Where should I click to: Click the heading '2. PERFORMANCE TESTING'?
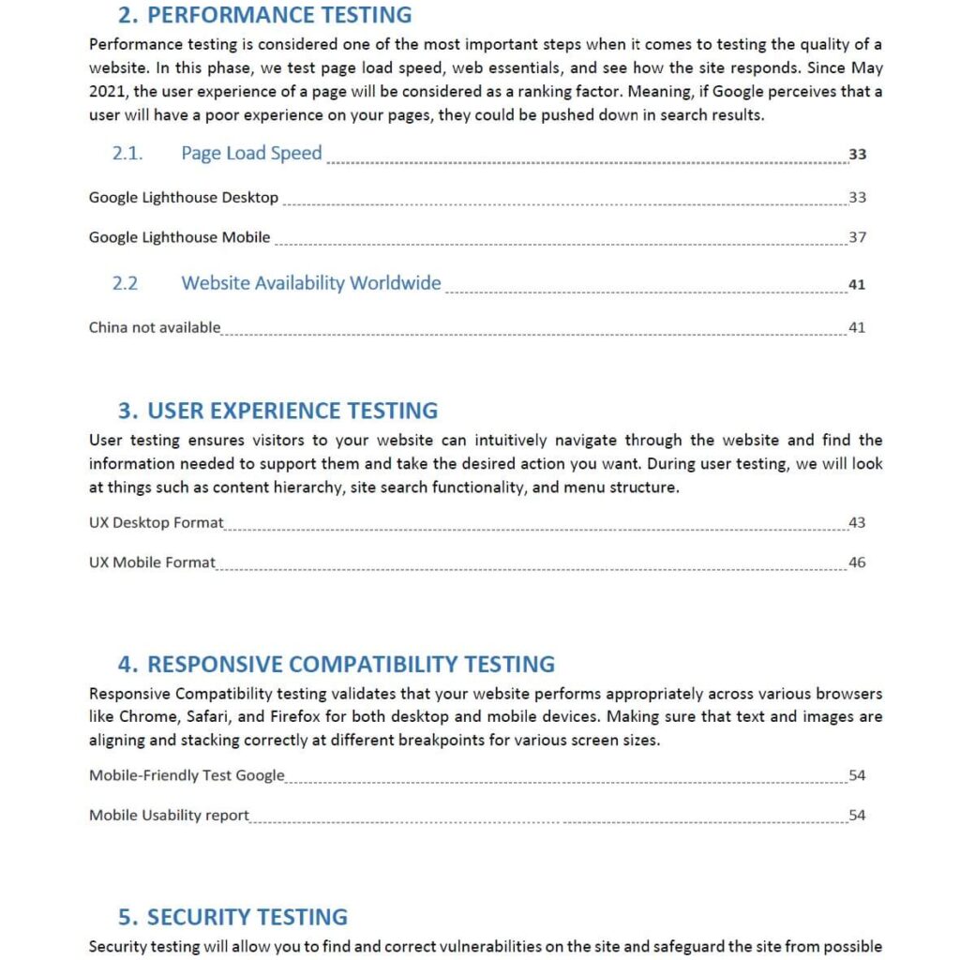264,15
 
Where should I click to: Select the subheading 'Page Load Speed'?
251,154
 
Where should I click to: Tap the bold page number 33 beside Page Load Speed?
857,155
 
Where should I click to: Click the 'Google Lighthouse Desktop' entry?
184,198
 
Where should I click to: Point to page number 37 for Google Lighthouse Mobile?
857,237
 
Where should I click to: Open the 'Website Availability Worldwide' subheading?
310,283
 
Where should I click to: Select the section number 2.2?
125,283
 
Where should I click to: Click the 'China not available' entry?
155,327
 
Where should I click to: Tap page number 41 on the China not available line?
857,327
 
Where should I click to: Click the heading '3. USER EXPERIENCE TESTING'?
277,411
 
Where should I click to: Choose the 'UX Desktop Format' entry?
157,522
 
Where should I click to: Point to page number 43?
857,522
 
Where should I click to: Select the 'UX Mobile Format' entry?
152,562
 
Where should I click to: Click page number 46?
857,562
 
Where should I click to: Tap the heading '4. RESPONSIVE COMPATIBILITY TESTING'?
336,664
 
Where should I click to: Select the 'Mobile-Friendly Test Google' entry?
187,775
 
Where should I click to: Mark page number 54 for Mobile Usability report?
857,815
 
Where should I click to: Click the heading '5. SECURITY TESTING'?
232,917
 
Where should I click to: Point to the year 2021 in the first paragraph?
106,92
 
